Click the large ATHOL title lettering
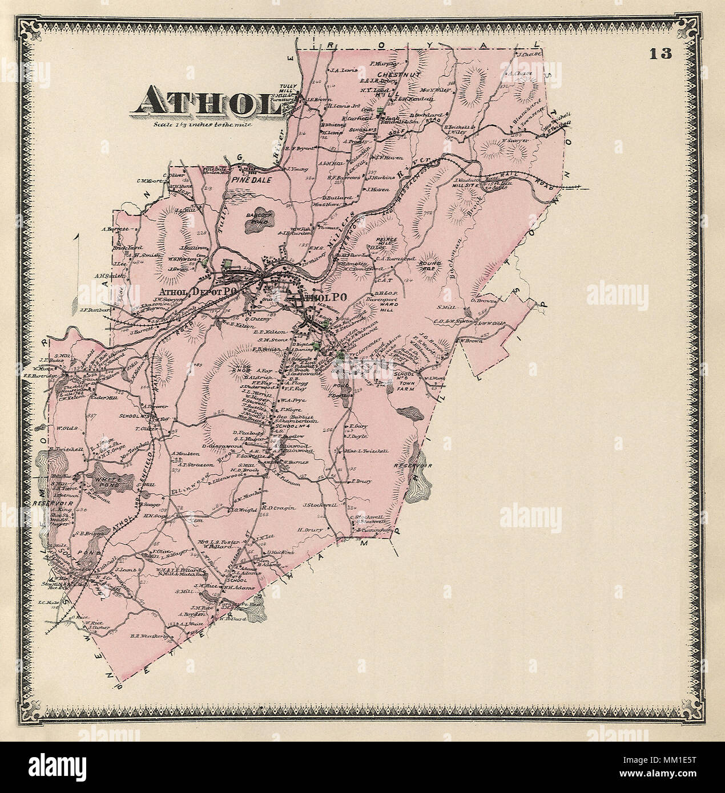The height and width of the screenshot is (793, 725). coord(201,104)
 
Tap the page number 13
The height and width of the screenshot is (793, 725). coord(661,54)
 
